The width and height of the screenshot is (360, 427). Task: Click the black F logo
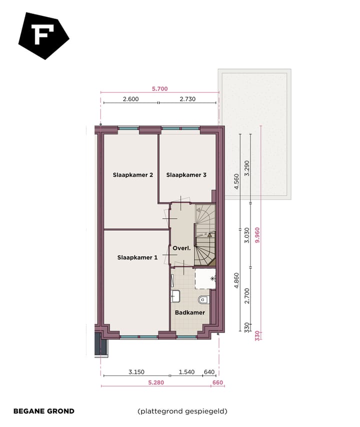(x=43, y=35)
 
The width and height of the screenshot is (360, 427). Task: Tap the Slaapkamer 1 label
(x=137, y=257)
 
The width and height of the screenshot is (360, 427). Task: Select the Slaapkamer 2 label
(x=132, y=175)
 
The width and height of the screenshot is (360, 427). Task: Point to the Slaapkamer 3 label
(x=186, y=175)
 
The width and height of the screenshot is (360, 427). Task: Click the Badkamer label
(x=190, y=312)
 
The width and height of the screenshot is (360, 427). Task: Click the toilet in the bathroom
(x=203, y=300)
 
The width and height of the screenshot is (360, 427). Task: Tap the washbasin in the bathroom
(x=175, y=296)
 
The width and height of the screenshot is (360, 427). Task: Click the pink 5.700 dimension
(x=159, y=88)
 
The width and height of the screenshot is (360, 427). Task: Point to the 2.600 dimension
(x=130, y=99)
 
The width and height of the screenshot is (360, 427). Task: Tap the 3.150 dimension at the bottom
(x=136, y=372)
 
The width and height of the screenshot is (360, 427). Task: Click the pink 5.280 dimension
(x=155, y=382)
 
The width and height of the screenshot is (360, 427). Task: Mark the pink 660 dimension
(x=218, y=382)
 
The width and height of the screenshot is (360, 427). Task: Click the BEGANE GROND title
(x=43, y=411)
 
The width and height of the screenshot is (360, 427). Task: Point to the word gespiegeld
(x=205, y=411)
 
